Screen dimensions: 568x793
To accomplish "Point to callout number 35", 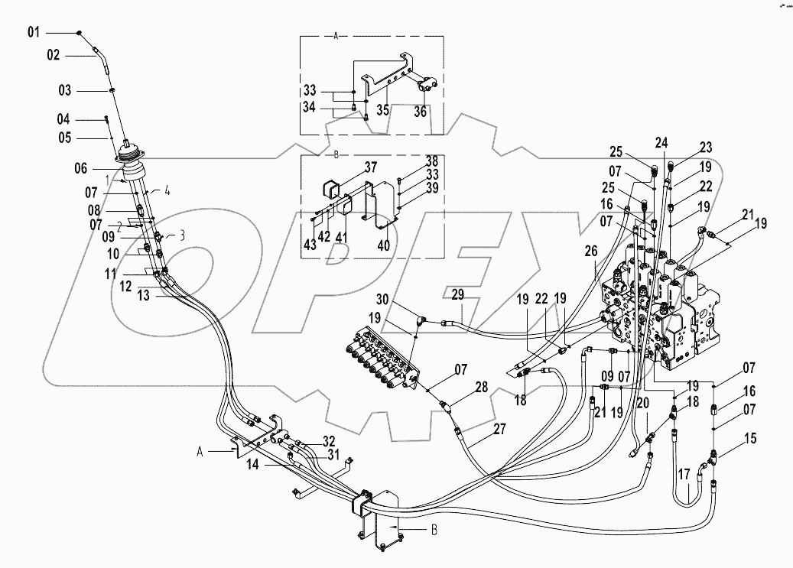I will click(382, 109).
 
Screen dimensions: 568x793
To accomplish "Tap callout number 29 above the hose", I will click(457, 294).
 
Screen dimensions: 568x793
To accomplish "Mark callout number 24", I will click(661, 141).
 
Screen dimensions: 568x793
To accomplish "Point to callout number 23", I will click(705, 148).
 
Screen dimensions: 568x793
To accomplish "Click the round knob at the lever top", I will click(80, 32).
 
